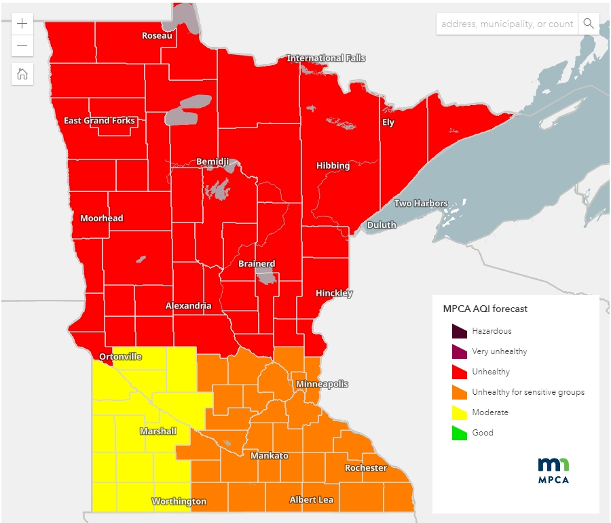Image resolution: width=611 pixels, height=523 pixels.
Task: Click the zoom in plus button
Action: [x=22, y=23]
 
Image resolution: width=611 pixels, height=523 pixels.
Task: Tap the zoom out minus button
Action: [x=22, y=45]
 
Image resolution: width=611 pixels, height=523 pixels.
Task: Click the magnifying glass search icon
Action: [x=589, y=24]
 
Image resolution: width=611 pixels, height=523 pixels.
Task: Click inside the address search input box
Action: [x=506, y=24]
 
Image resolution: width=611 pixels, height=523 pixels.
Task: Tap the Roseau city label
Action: [x=157, y=35]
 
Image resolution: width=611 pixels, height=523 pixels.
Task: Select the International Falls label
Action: [x=326, y=58]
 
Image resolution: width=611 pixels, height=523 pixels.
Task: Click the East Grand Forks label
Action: [x=100, y=121]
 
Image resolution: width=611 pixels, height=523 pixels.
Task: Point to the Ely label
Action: [x=388, y=123]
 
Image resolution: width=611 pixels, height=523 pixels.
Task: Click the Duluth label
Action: [x=381, y=225]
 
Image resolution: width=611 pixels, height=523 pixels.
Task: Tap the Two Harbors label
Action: [x=421, y=204]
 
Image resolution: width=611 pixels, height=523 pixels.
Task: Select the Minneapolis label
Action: [x=322, y=384]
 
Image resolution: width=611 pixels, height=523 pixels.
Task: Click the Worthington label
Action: [x=179, y=501]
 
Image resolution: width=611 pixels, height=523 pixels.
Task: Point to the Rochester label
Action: [x=365, y=468]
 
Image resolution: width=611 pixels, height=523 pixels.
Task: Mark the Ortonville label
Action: [x=120, y=356]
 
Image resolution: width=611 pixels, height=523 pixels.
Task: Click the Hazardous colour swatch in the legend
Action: [x=459, y=331]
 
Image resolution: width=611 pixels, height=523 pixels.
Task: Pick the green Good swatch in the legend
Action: [x=459, y=433]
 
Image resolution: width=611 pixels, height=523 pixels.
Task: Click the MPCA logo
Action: [x=553, y=470]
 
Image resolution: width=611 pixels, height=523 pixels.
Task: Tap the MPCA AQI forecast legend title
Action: [x=485, y=309]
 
